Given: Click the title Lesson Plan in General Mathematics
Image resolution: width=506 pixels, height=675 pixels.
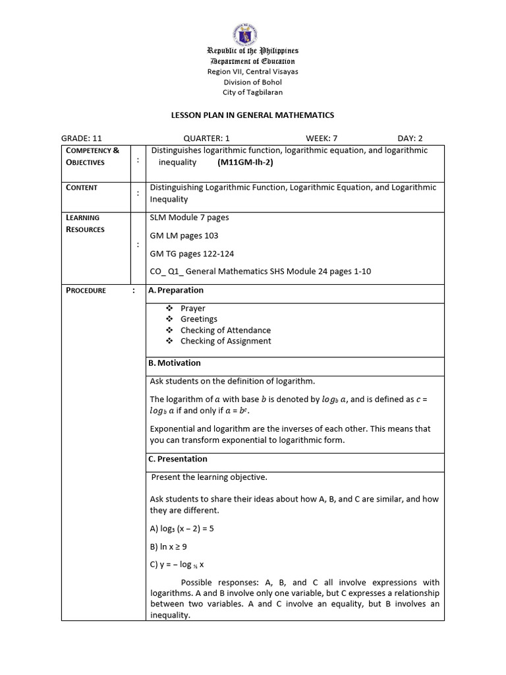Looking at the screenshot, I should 253,115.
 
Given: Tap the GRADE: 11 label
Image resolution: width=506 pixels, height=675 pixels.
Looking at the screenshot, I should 82,138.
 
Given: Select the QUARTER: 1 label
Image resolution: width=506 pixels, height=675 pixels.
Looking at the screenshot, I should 206,138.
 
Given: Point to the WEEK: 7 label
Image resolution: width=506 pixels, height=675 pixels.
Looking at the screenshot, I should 322,138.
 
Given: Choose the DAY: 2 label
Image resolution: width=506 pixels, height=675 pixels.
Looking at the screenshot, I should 410,138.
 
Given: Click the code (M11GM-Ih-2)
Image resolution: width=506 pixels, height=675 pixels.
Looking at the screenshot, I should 244,162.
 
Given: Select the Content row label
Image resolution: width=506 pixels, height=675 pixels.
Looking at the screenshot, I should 82,187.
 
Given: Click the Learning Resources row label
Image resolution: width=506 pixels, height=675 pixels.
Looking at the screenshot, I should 85,223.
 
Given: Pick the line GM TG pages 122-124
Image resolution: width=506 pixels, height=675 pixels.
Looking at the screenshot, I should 192,253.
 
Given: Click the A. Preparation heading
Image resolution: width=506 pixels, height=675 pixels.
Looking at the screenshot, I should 176,290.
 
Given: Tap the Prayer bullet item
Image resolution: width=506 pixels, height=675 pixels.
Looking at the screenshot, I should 193,308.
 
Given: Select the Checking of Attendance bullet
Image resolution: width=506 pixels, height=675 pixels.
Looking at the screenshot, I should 225,330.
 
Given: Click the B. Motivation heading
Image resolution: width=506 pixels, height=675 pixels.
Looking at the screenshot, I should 175,363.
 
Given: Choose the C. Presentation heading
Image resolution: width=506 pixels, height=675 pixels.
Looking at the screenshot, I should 178,459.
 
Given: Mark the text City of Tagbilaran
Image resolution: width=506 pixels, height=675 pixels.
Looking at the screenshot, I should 253,92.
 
